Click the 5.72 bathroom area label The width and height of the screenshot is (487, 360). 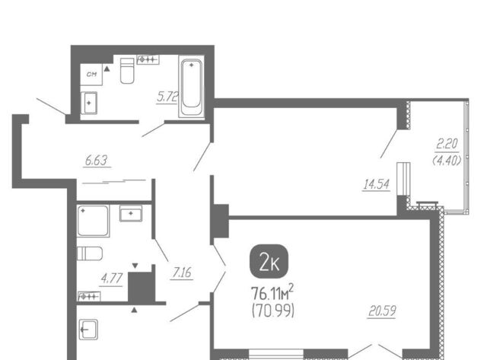pyautogui.click(x=167, y=97)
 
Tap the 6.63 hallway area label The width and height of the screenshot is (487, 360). pyautogui.click(x=97, y=161)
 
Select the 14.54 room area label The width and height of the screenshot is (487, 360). pyautogui.click(x=376, y=184)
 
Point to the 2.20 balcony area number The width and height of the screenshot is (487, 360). pyautogui.click(x=447, y=144)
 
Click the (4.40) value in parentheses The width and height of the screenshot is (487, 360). pyautogui.click(x=447, y=161)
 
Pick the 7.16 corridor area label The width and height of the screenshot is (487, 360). pyautogui.click(x=182, y=272)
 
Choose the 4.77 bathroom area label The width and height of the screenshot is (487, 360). pyautogui.click(x=111, y=279)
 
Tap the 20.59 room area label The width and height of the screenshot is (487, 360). pyautogui.click(x=382, y=311)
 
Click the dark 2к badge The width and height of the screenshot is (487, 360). pyautogui.click(x=269, y=261)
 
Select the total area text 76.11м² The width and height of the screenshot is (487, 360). pyautogui.click(x=272, y=292)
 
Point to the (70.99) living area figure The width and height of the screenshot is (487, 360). pyautogui.click(x=272, y=311)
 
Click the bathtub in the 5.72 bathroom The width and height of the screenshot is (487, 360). pyautogui.click(x=191, y=87)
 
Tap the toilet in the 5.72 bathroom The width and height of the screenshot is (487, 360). pyautogui.click(x=127, y=71)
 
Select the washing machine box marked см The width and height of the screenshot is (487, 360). pyautogui.click(x=91, y=75)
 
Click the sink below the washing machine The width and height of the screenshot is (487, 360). pyautogui.click(x=89, y=103)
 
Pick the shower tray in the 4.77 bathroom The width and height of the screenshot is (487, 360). pyautogui.click(x=93, y=221)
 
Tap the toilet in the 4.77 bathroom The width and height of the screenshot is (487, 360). pyautogui.click(x=90, y=253)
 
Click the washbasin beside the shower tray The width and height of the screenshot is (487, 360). pyautogui.click(x=131, y=213)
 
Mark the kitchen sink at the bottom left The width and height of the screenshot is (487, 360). pyautogui.click(x=88, y=330)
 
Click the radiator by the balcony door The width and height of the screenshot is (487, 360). pyautogui.click(x=403, y=179)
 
